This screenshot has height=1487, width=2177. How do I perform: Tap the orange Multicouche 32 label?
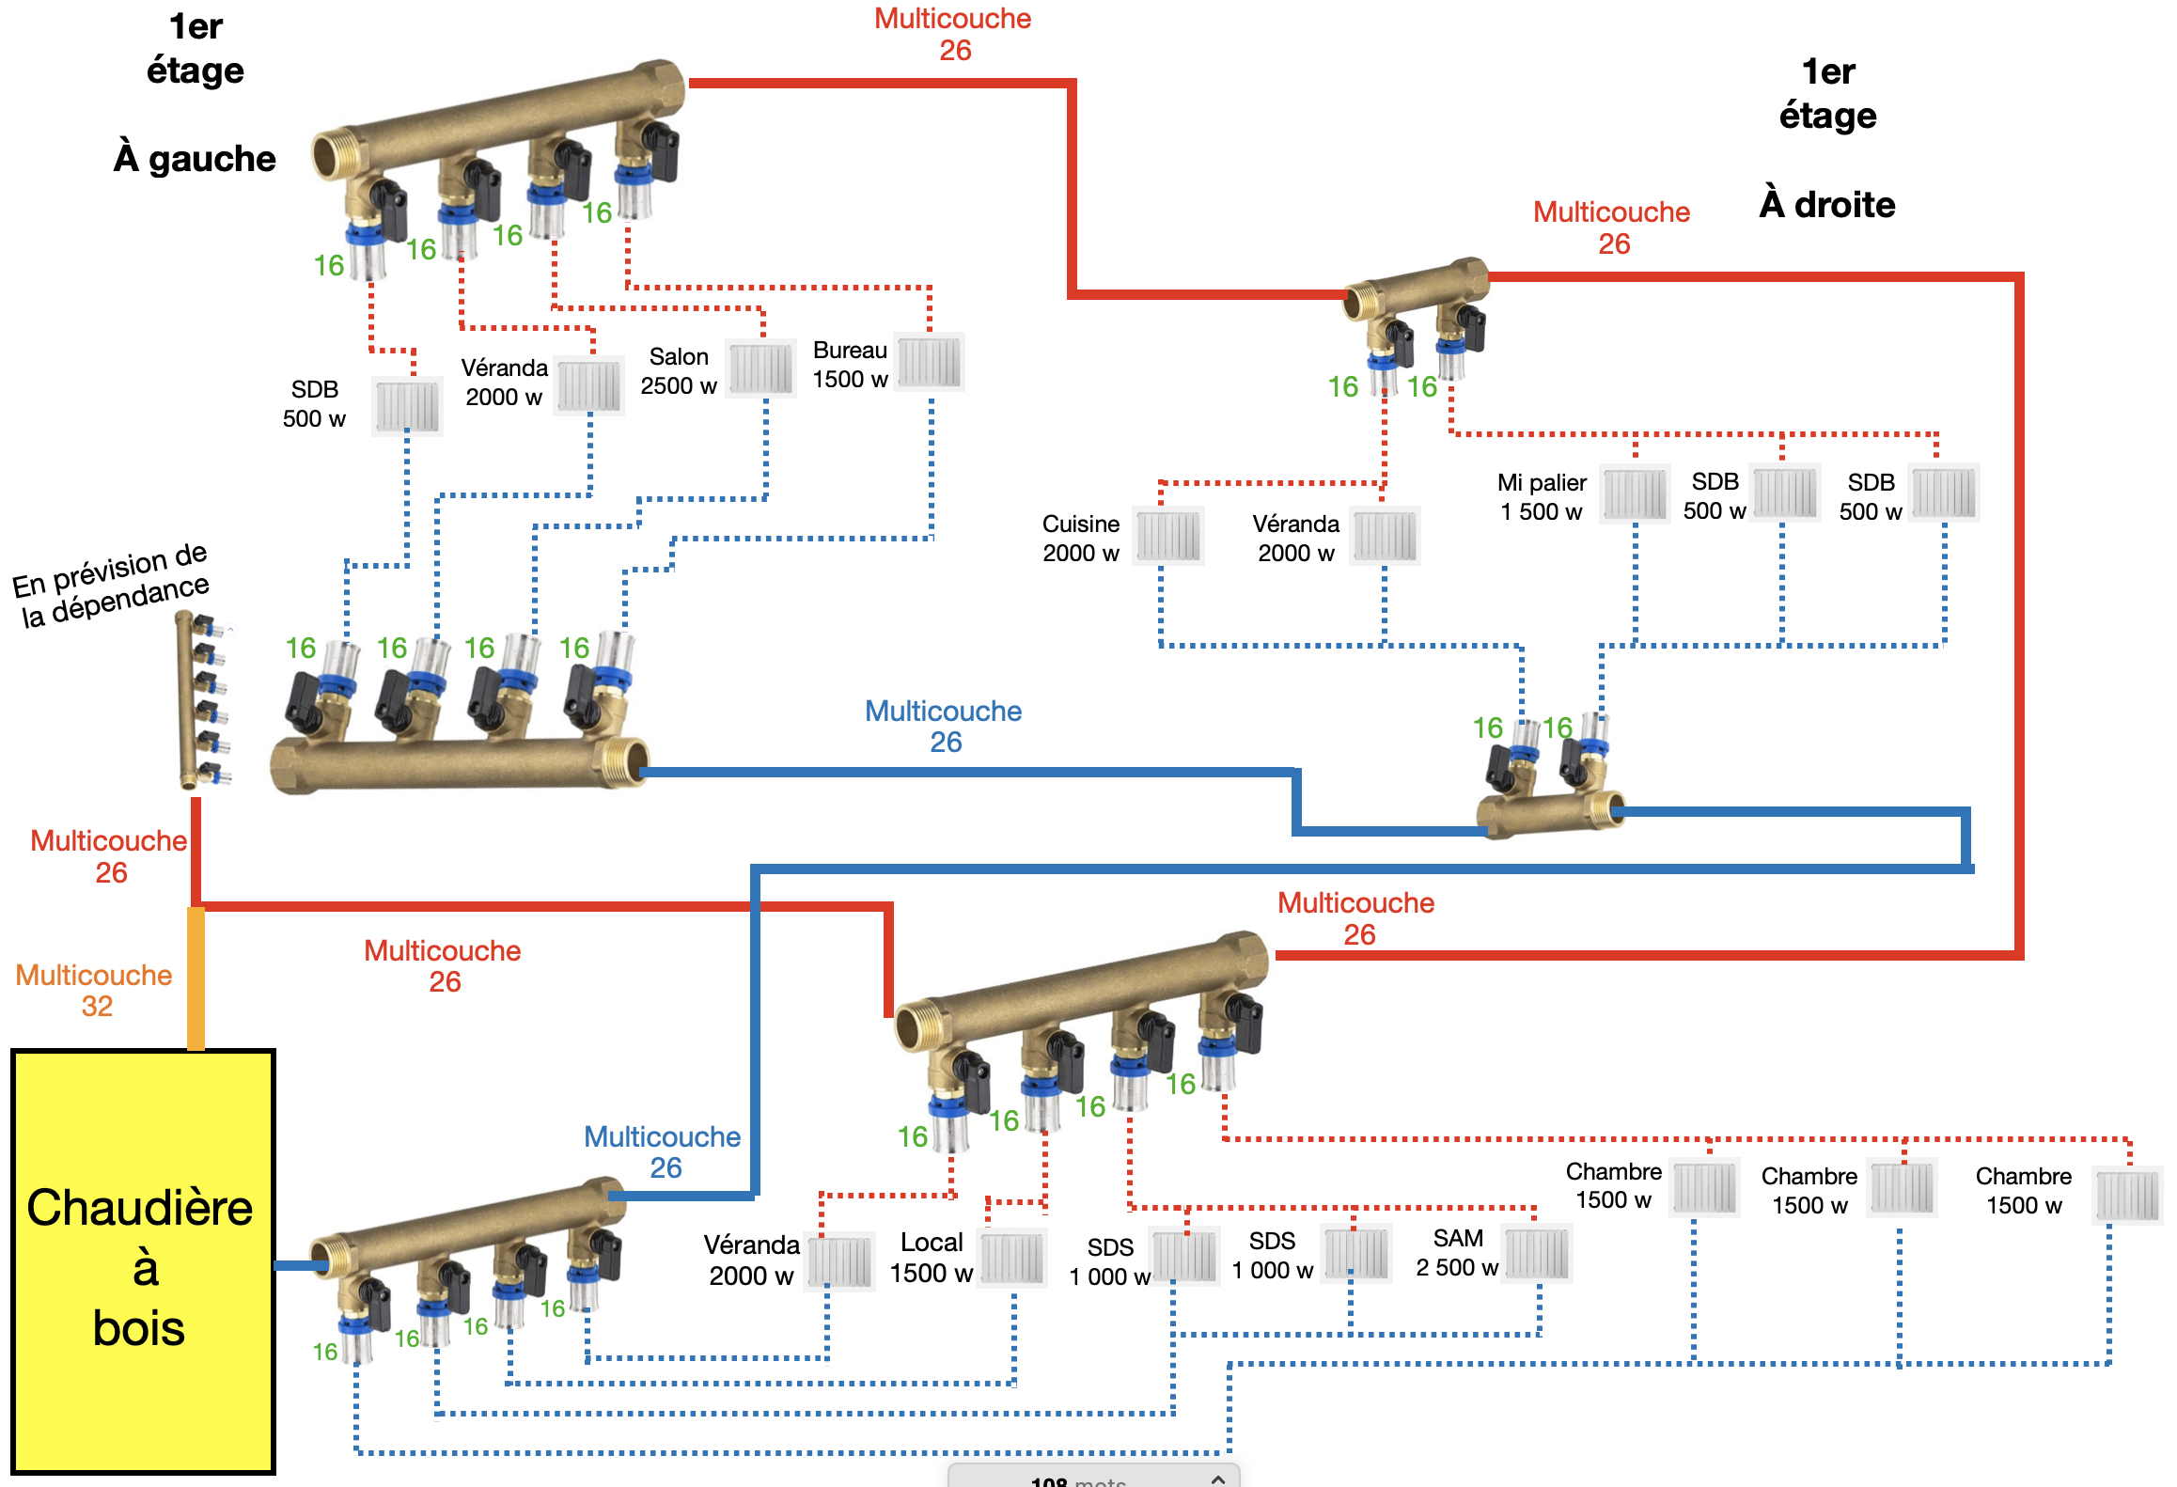click(94, 990)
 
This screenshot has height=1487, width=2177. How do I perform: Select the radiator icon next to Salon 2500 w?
click(761, 368)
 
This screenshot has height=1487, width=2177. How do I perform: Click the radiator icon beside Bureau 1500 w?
click(930, 362)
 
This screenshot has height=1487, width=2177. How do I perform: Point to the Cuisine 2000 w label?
click(1081, 538)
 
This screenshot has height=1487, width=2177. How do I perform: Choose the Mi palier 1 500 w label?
click(1542, 496)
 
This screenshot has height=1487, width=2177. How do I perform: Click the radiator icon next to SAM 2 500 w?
click(1538, 1254)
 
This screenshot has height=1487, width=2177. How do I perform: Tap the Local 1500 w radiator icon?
click(1012, 1258)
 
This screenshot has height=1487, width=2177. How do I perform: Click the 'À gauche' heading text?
click(195, 158)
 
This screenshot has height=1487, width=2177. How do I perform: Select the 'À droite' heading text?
click(1827, 204)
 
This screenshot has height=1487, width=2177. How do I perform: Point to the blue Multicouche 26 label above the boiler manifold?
click(663, 1151)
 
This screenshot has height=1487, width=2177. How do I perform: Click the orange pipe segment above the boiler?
click(196, 978)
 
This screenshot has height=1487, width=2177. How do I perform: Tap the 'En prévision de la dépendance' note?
click(111, 585)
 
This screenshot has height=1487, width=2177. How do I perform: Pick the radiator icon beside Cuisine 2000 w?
click(1168, 536)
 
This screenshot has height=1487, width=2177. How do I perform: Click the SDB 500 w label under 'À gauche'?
click(314, 403)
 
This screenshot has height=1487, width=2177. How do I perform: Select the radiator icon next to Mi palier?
click(1636, 493)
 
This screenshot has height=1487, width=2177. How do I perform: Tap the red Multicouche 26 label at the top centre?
click(952, 34)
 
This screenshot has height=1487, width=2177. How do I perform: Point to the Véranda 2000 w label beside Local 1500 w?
click(751, 1260)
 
